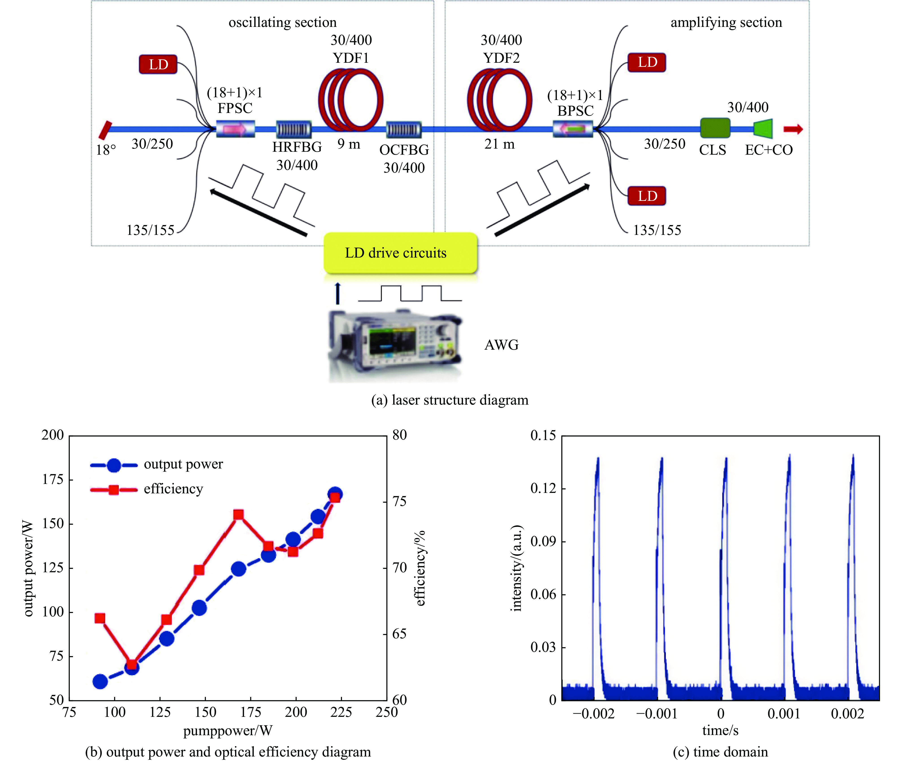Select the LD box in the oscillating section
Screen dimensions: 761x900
tap(158, 64)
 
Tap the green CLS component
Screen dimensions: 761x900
tap(715, 128)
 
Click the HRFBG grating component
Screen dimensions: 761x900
tap(293, 129)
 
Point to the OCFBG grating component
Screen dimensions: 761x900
tap(404, 129)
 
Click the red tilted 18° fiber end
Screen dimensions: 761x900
tap(105, 130)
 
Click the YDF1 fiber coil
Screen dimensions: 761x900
tap(350, 100)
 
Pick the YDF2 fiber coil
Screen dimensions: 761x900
tap(499, 100)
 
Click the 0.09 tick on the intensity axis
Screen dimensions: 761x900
tap(543, 541)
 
